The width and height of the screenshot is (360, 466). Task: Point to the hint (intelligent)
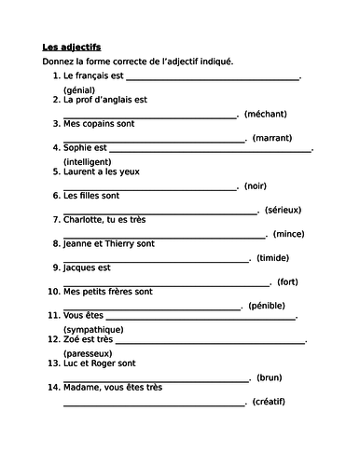(91, 160)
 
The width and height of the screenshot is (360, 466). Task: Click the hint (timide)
(275, 257)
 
